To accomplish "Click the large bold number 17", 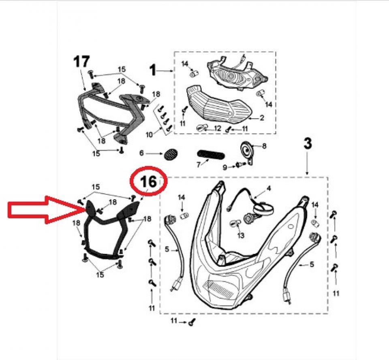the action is point(81,62).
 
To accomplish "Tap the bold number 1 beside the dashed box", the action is point(153,70).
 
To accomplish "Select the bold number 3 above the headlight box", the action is point(308,144).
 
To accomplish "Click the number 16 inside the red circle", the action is point(148,181).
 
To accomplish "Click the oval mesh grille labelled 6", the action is point(171,154).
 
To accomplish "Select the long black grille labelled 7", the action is point(211,155).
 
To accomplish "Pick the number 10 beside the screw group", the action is point(149,134).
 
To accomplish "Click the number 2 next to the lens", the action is point(262,118).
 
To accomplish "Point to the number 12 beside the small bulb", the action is point(217,128).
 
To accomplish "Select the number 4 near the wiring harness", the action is point(269,188).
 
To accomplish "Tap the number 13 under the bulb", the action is point(241,235).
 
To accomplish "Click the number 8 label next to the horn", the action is point(264,146).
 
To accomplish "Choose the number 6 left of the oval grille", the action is point(141,153).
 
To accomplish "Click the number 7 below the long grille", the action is point(199,165).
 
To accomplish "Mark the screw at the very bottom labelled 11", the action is point(192,322).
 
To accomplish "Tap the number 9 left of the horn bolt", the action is point(225,167).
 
